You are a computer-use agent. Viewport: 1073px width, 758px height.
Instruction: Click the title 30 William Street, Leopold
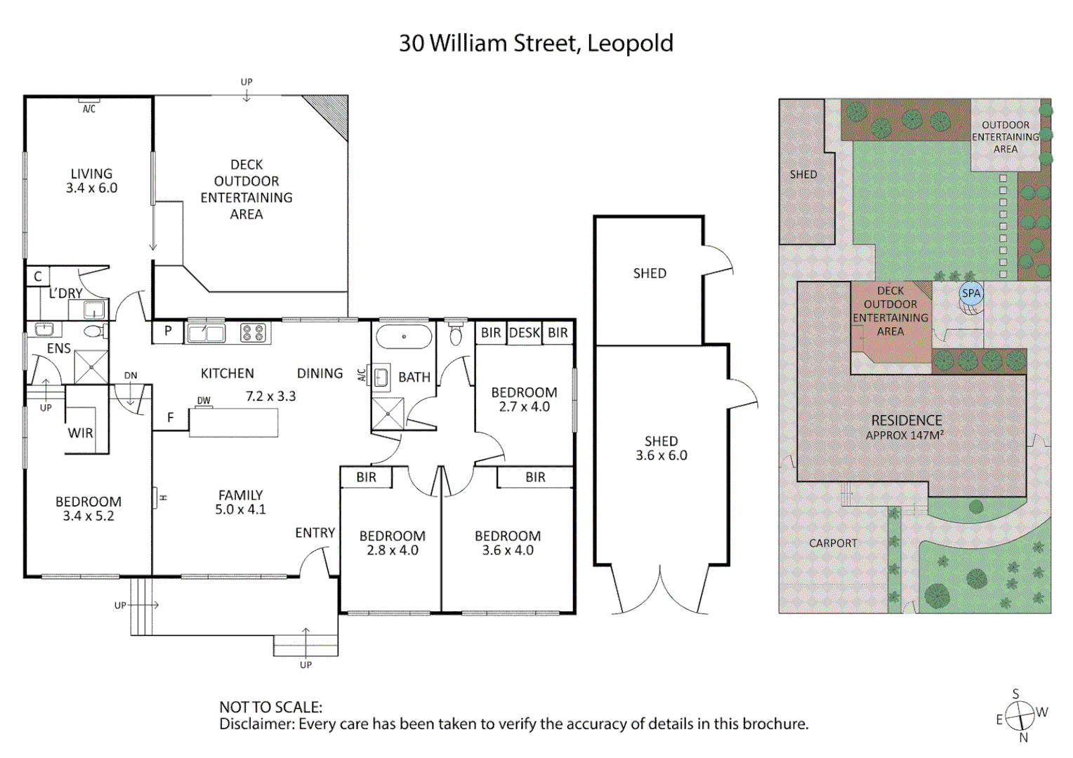click(x=536, y=44)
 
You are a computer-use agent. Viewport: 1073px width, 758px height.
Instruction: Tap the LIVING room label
click(x=91, y=173)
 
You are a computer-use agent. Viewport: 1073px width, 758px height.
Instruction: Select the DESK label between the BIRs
click(x=525, y=333)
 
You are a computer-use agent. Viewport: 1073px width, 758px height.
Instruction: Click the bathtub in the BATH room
click(x=404, y=337)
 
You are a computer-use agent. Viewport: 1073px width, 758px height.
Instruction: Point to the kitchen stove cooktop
click(x=253, y=333)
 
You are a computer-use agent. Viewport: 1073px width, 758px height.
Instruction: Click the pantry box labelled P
click(x=168, y=331)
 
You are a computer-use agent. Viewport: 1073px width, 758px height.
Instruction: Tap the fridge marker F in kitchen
click(x=171, y=418)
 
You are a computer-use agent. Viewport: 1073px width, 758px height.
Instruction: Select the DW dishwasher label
click(x=204, y=401)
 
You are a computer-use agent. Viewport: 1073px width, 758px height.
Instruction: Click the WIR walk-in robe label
click(x=80, y=433)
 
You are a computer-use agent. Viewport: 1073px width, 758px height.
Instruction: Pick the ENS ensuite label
click(x=59, y=348)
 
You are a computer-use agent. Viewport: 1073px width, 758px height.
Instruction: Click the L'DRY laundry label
click(x=66, y=293)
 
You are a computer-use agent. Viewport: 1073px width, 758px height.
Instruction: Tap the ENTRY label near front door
click(x=315, y=533)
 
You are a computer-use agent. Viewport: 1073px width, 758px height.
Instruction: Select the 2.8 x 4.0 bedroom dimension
click(x=393, y=551)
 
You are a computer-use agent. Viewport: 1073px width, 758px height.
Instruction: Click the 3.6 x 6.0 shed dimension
click(x=661, y=456)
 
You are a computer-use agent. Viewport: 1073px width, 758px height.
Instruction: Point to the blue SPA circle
click(x=971, y=294)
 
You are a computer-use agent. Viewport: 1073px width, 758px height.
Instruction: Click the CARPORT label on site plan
click(x=833, y=543)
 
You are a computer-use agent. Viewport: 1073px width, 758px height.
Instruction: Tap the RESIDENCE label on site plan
click(x=907, y=420)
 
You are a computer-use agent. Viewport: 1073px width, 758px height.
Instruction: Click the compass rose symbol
click(x=1020, y=716)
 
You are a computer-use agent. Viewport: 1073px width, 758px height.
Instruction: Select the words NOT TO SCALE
click(x=270, y=707)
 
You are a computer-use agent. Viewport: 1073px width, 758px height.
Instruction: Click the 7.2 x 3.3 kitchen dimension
click(x=270, y=397)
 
